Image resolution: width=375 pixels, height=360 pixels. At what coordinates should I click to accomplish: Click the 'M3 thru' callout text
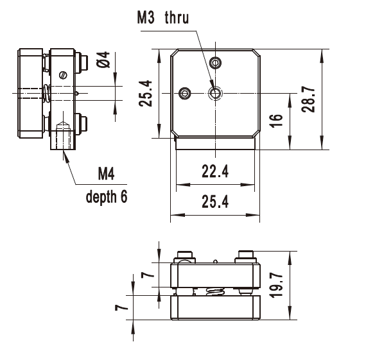pos(163,18)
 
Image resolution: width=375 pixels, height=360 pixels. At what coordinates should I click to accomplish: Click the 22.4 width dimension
pos(215,171)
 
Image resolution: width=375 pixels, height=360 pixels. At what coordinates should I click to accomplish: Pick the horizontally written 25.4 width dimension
pos(215,203)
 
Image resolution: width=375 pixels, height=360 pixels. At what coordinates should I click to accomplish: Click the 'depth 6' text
pos(107,196)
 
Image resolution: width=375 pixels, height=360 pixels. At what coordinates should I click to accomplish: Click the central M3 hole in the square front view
pos(215,94)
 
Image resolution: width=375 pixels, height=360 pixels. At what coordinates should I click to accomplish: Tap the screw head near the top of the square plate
pos(217,62)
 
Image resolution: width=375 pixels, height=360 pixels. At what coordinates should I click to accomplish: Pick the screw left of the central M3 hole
pos(186,93)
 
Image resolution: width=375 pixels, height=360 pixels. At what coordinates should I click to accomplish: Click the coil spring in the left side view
pos(48,94)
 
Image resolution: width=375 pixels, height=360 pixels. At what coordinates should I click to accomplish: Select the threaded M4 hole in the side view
pos(63,138)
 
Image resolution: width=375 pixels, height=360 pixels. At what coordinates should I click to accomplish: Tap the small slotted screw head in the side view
pos(62,74)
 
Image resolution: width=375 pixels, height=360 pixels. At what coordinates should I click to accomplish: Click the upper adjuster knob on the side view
pos(82,62)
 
